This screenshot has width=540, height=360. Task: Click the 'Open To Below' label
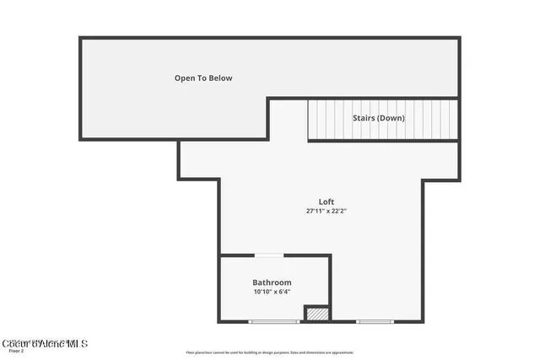[202, 78]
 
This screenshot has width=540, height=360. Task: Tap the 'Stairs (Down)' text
[378, 118]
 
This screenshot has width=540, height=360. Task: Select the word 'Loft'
[327, 201]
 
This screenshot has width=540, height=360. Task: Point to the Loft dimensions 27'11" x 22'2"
[327, 211]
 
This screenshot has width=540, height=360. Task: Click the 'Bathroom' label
[272, 282]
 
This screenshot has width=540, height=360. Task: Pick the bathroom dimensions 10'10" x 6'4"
[272, 292]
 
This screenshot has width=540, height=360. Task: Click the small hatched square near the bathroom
[316, 313]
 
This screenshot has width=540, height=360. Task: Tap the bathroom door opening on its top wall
[269, 255]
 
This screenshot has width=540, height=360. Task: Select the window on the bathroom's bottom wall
[274, 321]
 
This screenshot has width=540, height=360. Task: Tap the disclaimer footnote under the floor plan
[269, 352]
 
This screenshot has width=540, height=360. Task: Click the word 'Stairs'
[364, 118]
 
